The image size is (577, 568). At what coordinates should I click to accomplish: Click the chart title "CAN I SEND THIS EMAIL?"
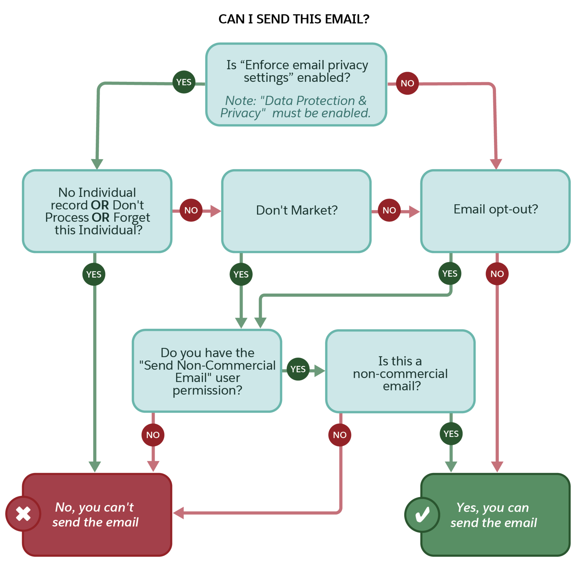pyautogui.click(x=294, y=19)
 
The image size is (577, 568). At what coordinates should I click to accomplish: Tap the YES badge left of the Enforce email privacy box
pyautogui.click(x=184, y=82)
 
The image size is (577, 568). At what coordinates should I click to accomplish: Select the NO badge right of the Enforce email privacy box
pyautogui.click(x=407, y=83)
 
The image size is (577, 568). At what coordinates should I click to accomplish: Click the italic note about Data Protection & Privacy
pyautogui.click(x=295, y=107)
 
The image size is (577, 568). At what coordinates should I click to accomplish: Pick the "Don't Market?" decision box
pyautogui.click(x=296, y=211)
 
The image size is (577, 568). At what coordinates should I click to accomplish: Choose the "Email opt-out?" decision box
pyautogui.click(x=495, y=211)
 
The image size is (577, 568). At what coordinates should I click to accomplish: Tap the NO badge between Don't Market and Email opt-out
pyautogui.click(x=389, y=210)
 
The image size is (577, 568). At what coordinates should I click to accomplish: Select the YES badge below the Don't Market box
pyautogui.click(x=241, y=274)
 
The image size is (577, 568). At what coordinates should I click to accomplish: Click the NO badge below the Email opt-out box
pyautogui.click(x=497, y=274)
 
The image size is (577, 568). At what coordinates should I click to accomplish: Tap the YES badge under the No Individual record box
pyautogui.click(x=94, y=274)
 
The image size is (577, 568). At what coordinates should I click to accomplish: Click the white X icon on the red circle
pyautogui.click(x=23, y=514)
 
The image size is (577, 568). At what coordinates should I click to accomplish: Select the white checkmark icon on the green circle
pyautogui.click(x=422, y=514)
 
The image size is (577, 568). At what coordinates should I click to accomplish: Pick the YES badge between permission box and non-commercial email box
pyautogui.click(x=298, y=369)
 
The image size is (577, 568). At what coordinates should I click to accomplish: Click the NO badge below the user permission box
pyautogui.click(x=153, y=435)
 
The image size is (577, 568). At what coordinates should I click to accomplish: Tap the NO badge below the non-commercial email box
pyautogui.click(x=339, y=435)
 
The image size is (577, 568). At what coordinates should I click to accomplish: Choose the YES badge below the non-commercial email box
pyautogui.click(x=451, y=433)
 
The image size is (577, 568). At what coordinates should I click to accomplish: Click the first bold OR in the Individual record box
pyautogui.click(x=100, y=205)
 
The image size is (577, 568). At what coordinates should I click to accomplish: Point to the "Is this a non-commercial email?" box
pyautogui.click(x=400, y=371)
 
